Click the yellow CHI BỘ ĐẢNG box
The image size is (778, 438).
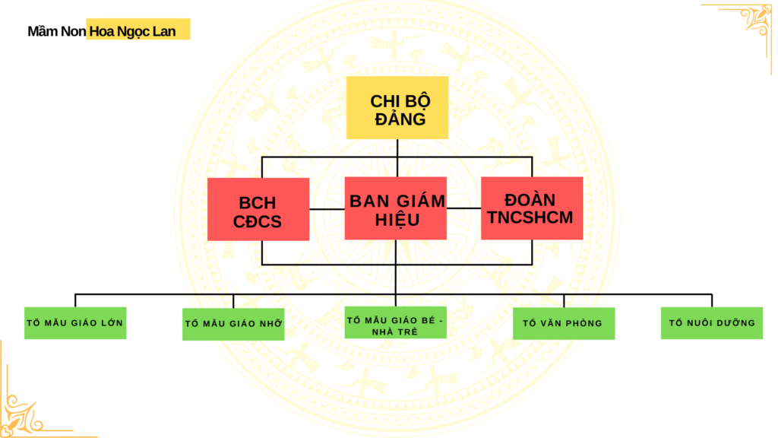coord(397,107)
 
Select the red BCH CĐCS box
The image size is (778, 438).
coord(258,209)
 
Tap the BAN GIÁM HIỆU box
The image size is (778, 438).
coord(396,208)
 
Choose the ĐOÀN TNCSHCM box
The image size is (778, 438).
coord(532,208)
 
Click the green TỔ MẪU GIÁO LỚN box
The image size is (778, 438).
coord(74,323)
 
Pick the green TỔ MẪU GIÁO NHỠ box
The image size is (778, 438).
coord(233,324)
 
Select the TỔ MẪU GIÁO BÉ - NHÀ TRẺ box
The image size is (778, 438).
coord(395,323)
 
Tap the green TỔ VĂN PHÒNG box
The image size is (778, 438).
coord(563,323)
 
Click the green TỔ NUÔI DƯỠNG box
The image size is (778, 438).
coord(712,323)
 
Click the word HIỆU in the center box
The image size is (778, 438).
coord(397,219)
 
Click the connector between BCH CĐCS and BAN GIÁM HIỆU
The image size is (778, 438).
coord(327,208)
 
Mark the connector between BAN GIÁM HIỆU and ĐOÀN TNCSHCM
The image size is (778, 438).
coord(463,208)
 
